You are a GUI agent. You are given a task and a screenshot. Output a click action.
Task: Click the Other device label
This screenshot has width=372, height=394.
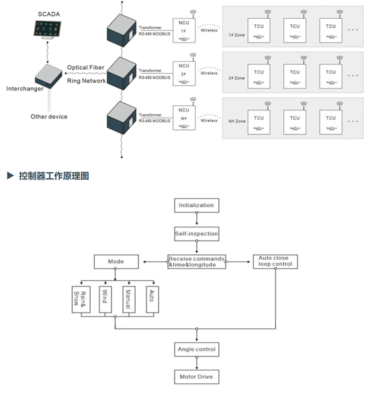click(x=49, y=117)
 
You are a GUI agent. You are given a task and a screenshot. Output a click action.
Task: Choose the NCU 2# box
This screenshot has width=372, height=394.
click(x=183, y=71)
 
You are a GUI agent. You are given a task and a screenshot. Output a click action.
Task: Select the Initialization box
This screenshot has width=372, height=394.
click(x=196, y=205)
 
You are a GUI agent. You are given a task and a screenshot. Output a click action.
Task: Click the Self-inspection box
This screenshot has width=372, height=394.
click(x=196, y=233)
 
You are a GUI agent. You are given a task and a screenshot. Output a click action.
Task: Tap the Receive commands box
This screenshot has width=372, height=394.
click(x=196, y=262)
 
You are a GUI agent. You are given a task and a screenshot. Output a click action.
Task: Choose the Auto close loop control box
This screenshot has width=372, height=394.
click(x=275, y=262)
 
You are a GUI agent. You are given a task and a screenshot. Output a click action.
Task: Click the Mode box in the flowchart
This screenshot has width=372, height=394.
click(x=115, y=260)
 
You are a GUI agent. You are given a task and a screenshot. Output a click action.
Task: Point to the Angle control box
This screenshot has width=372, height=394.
click(x=196, y=350)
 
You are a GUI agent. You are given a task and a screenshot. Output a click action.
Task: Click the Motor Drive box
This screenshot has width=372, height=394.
click(x=196, y=377)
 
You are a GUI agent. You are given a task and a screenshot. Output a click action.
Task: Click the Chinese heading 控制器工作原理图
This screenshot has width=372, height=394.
click(x=52, y=176)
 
